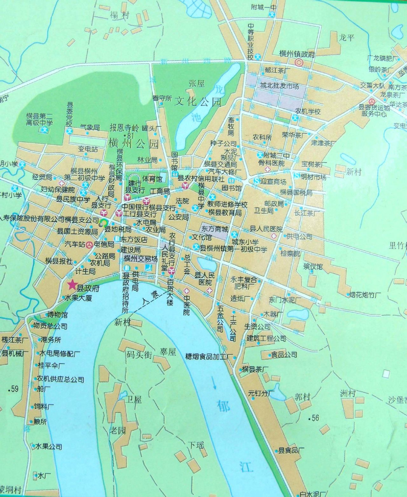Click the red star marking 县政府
72,284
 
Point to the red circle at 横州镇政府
299,62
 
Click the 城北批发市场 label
279,86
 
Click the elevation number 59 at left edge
14,388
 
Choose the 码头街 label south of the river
138,355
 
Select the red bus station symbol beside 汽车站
90,245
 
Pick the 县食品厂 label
291,450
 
